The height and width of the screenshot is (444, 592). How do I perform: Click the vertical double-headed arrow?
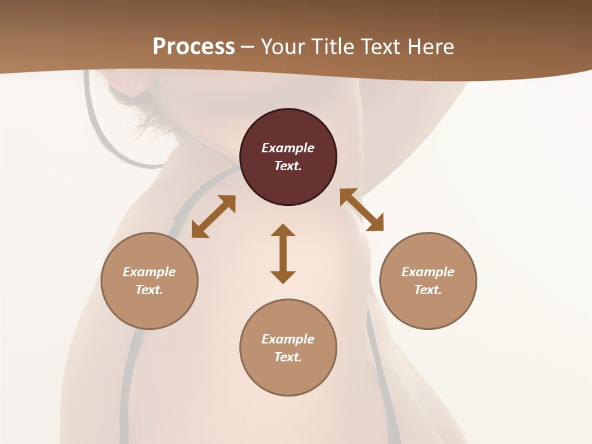point(283,253)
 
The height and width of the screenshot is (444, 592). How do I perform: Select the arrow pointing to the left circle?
point(213,216)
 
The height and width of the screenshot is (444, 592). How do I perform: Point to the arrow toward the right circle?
point(361,210)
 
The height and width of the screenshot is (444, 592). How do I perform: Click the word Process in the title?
point(194,47)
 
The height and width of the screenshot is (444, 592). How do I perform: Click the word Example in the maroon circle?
point(288,148)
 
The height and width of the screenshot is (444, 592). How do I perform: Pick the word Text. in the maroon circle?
point(288,166)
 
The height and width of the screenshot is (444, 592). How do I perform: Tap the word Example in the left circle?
point(149,272)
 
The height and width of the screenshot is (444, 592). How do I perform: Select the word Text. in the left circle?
point(149,290)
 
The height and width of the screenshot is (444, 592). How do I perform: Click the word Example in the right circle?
point(428,272)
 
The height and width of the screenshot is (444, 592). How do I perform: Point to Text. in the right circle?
point(428,290)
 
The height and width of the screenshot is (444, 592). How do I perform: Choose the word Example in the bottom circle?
point(288,339)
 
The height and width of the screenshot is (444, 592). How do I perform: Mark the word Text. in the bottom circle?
point(288,357)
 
